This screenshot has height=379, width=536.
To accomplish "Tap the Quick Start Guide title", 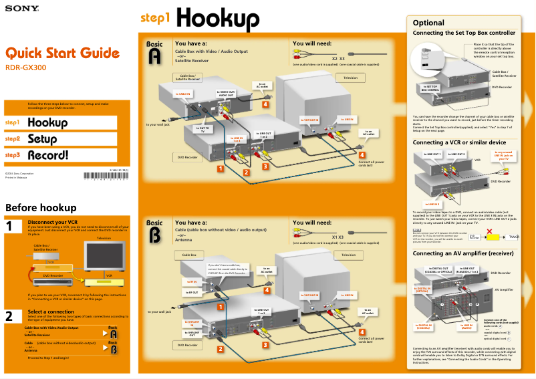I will tap(63, 53).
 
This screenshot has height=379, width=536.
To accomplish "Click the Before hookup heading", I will tap(41, 207).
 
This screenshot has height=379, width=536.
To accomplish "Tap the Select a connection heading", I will tap(51, 311).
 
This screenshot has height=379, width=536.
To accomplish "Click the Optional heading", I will tap(428, 23).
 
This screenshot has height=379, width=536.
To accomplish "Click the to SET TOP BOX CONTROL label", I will tap(430, 88).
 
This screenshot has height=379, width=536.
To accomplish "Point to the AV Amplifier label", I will tap(503, 289).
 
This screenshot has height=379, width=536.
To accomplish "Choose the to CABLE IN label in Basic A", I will tap(183, 94).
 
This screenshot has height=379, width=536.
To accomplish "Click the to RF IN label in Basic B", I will tap(192, 281).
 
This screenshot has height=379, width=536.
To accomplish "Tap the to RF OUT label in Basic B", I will tap(192, 292).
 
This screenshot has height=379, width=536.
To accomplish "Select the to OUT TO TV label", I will tap(203, 129).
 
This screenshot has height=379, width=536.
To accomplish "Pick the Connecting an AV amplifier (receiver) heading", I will tap(463, 254).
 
